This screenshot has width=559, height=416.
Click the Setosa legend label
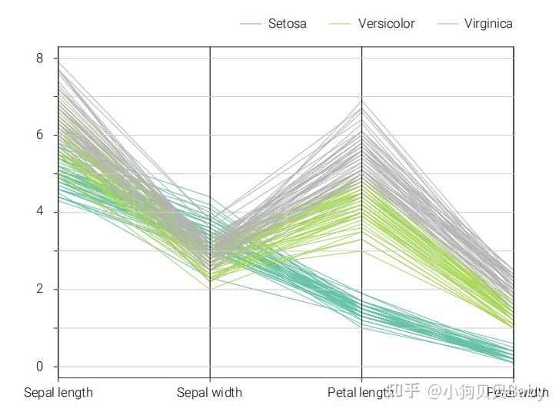tap(287, 23)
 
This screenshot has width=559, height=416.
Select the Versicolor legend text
tap(386, 23)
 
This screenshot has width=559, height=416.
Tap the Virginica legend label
tap(488, 23)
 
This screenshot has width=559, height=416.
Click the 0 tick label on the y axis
tap(38, 367)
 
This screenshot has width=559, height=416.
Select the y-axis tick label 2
tap(38, 290)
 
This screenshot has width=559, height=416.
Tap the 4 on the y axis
tap(38, 212)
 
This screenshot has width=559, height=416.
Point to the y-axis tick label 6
tap(38, 135)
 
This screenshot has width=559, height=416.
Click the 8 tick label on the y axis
tap(38, 58)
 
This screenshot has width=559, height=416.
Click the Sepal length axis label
tap(58, 392)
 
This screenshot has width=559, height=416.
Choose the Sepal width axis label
tap(209, 392)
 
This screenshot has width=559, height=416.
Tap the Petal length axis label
tap(360, 392)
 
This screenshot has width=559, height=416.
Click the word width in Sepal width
tap(225, 392)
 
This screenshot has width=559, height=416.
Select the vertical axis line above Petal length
tap(362, 77)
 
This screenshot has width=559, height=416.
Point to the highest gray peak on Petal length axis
tap(362, 100)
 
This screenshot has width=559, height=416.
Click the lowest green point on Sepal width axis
tap(210, 289)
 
